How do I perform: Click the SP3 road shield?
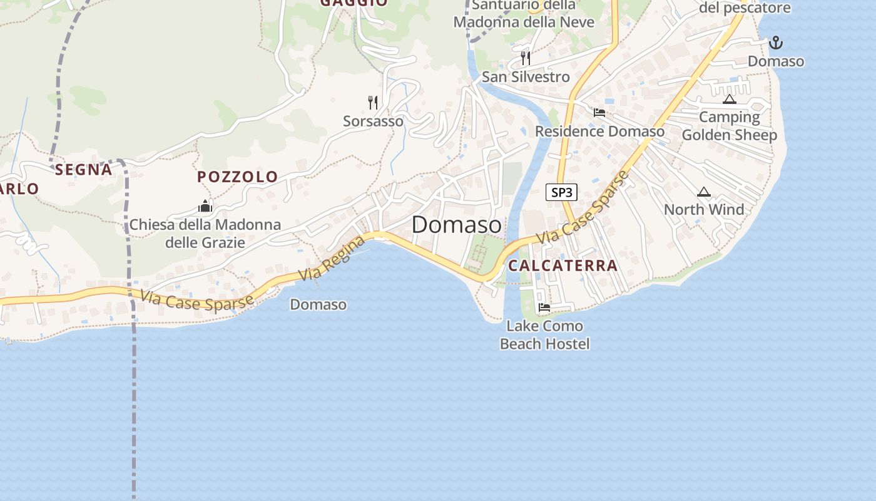click(x=561, y=192)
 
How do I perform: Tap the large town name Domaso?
click(x=457, y=225)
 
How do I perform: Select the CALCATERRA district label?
click(x=563, y=266)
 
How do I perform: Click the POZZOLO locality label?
click(x=238, y=177)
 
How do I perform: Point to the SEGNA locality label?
click(x=83, y=170)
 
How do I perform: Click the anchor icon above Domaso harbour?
click(x=776, y=43)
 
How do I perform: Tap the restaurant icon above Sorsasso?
click(x=373, y=102)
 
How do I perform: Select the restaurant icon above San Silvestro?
click(x=526, y=58)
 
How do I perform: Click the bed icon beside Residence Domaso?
click(x=599, y=113)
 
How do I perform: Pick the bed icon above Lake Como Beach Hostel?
click(x=544, y=307)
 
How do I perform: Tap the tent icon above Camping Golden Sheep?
click(x=729, y=99)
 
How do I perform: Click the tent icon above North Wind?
click(x=704, y=192)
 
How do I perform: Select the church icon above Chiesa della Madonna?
click(x=205, y=206)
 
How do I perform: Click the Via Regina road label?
click(x=332, y=258)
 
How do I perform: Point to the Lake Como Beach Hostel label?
click(x=544, y=335)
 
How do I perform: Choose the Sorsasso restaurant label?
click(x=373, y=121)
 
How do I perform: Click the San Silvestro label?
click(x=526, y=77)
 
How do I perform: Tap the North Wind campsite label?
click(x=704, y=210)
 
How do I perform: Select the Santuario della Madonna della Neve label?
click(x=524, y=14)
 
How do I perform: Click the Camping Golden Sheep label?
click(x=729, y=126)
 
